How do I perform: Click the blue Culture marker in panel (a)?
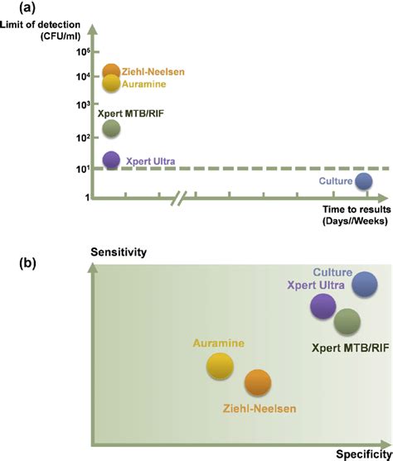coord(363,180)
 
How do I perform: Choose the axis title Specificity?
coord(361,454)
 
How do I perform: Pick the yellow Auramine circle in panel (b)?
coord(220,365)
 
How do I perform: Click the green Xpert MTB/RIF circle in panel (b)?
coord(347,321)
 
